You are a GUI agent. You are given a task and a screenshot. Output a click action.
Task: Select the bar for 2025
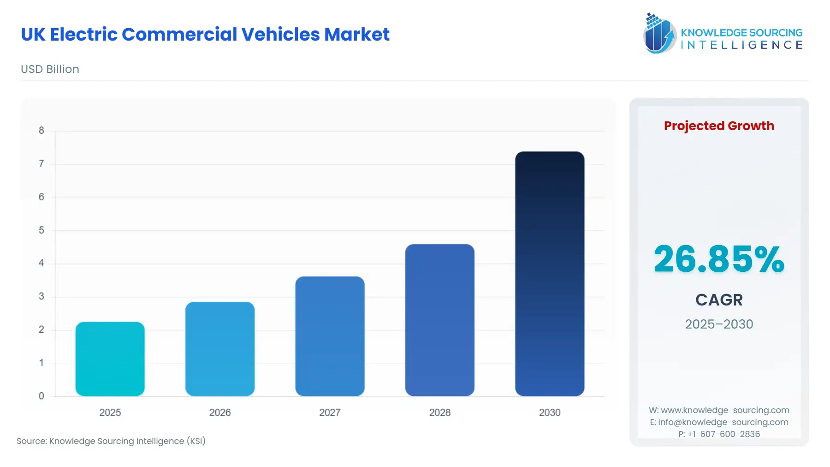click(x=110, y=359)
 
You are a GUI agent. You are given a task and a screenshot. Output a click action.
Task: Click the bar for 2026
click(x=220, y=349)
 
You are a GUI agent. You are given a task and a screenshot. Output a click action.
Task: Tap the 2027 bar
click(x=330, y=336)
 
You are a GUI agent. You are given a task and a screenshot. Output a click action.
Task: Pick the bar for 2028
click(x=439, y=320)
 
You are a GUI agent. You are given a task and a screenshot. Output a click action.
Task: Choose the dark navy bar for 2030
click(x=550, y=274)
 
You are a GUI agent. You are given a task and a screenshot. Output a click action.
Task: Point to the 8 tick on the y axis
click(x=41, y=131)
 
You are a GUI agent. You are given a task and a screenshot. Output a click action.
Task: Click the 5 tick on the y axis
click(x=41, y=230)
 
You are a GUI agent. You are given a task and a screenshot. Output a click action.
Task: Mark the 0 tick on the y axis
click(x=41, y=396)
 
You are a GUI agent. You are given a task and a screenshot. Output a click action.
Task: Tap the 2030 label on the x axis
click(x=550, y=413)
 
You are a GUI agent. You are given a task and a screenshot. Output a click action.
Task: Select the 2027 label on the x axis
click(x=330, y=413)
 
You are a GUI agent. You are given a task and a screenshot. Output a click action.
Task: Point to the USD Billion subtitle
click(x=50, y=69)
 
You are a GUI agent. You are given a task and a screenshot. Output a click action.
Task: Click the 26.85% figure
click(x=719, y=259)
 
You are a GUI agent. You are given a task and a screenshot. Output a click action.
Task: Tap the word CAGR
click(x=719, y=300)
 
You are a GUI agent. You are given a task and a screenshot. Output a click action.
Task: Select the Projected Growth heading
click(x=719, y=126)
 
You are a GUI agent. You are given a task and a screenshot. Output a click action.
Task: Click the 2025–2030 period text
click(x=719, y=324)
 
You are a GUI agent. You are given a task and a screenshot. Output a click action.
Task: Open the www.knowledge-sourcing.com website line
click(x=719, y=410)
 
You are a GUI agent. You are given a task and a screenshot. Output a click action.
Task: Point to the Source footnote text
click(x=111, y=441)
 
